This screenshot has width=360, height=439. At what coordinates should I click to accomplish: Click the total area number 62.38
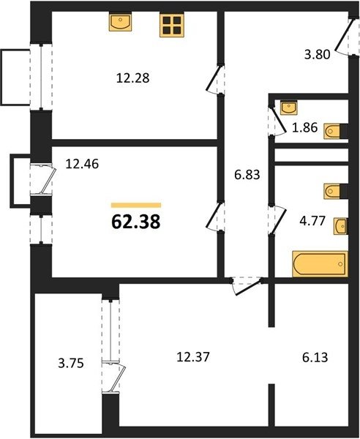[136, 222]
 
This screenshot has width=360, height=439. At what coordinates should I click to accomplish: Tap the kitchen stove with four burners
[172, 25]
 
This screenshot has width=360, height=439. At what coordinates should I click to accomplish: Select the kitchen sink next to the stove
[121, 21]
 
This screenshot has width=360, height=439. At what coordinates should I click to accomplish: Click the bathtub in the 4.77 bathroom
[320, 264]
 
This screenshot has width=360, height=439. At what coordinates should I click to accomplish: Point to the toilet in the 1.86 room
[336, 131]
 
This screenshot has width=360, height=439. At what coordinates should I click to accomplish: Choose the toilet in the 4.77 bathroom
[336, 191]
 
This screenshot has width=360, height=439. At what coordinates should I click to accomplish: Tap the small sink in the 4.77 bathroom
[341, 226]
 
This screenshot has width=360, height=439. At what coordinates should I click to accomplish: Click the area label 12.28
[132, 78]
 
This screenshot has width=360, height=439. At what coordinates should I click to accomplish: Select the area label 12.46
[82, 164]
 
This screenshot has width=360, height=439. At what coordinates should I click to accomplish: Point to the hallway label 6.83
[247, 175]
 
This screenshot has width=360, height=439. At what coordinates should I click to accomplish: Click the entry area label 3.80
[317, 54]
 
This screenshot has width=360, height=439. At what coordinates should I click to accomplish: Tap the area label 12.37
[193, 357]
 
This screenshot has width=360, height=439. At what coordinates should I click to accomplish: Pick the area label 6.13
[315, 358]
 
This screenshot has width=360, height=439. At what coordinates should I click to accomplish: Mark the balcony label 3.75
[71, 364]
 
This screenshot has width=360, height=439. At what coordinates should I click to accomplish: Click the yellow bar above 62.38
[136, 205]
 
